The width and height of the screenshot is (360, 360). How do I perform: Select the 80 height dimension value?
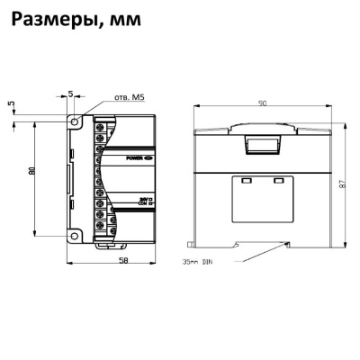(x=31, y=172)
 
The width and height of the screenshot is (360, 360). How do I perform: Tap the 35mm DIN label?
(x=198, y=264)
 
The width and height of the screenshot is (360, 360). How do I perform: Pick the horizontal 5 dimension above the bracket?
(x=71, y=94)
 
